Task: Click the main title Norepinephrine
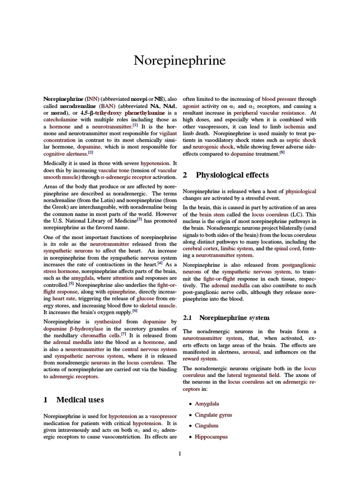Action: click(180, 60)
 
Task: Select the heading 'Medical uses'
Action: click(80, 399)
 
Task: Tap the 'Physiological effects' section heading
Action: click(232, 175)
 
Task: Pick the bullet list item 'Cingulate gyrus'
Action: click(213, 415)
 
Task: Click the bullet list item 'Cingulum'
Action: click(207, 426)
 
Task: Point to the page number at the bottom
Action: click(180, 453)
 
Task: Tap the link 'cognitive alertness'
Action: click(65, 153)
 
